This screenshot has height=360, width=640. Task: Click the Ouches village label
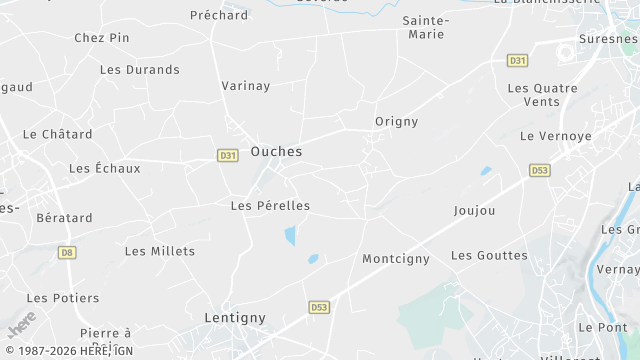coord(276,151)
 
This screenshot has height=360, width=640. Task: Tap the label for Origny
coord(396,121)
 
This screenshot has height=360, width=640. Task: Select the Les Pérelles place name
coord(270,205)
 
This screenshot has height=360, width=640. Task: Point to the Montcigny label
coord(396,258)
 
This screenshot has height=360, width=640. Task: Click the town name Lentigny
coord(235,317)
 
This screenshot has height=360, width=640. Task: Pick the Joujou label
coord(474,210)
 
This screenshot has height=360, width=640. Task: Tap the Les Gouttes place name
coord(489,255)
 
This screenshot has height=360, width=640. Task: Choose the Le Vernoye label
coord(556,135)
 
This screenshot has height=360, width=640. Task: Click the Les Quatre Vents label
coord(543,95)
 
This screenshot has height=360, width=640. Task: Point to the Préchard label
coord(219,15)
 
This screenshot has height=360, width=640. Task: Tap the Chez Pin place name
coord(102,37)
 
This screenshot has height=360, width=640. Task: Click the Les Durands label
coord(140,69)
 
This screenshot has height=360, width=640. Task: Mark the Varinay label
coord(246,85)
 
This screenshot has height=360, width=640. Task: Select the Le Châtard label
coord(57,133)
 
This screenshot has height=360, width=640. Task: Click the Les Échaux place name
coord(104,168)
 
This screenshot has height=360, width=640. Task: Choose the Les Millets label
coord(160,250)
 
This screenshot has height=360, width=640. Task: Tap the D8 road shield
coord(66,252)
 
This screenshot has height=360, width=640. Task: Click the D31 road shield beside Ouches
coord(228,155)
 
